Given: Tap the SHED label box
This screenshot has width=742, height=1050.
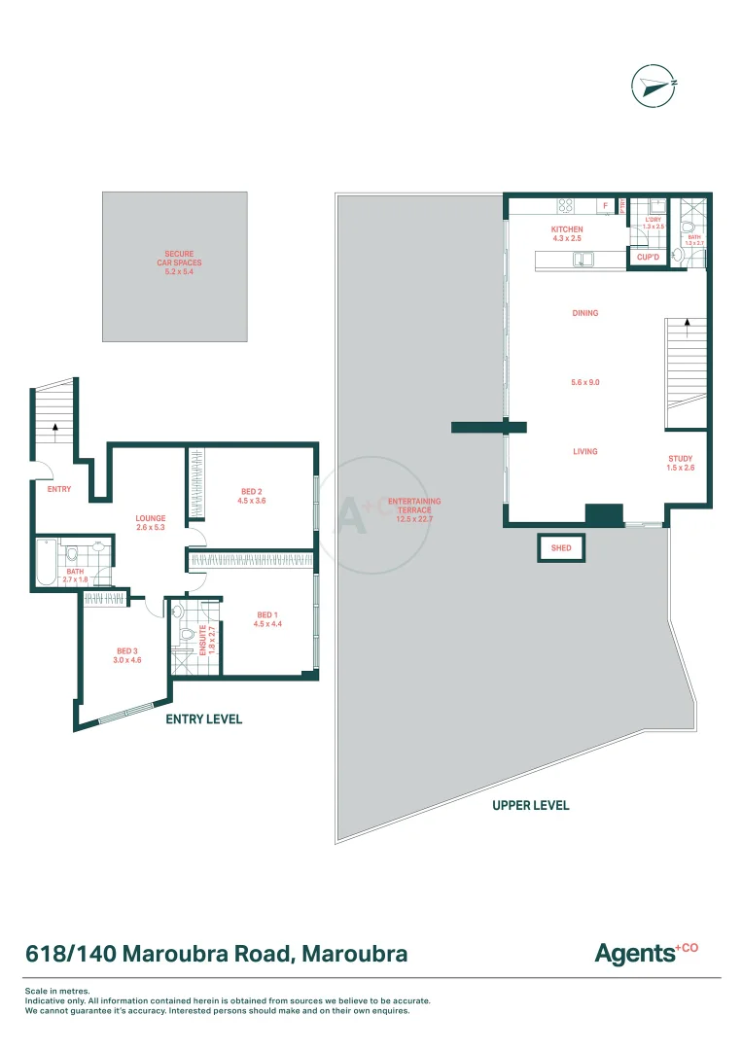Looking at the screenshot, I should [x=561, y=548].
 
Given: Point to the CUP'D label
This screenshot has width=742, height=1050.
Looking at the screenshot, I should [x=648, y=258].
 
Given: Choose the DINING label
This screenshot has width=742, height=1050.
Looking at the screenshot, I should [x=584, y=313].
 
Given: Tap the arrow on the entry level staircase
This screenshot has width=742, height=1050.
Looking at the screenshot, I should [x=55, y=426].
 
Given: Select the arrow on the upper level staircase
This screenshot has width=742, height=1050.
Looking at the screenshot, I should [x=688, y=323].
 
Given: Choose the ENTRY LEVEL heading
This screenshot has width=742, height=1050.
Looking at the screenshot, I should [x=203, y=718].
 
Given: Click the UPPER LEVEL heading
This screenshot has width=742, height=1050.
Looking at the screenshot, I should [x=530, y=805].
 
